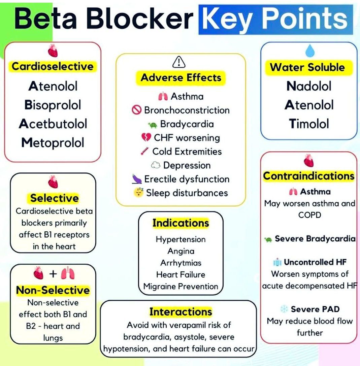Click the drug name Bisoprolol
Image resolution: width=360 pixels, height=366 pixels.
pyautogui.click(x=53, y=105)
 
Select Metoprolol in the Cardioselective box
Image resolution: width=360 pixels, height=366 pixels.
pyautogui.click(x=53, y=143)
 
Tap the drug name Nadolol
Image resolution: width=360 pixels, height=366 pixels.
pyautogui.click(x=309, y=86)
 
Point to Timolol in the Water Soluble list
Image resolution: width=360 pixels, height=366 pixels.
pyautogui.click(x=309, y=124)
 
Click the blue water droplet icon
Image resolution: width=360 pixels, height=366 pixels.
pyautogui.click(x=309, y=51)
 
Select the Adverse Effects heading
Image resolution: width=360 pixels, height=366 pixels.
pyautogui.click(x=181, y=78)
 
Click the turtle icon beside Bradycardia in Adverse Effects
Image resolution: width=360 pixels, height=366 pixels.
pyautogui.click(x=153, y=125)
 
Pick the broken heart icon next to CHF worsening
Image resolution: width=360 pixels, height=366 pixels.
pyautogui.click(x=146, y=138)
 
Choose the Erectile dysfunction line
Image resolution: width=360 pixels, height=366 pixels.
pyautogui.click(x=187, y=179)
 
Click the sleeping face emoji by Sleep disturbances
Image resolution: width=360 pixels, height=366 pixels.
pyautogui.click(x=138, y=193)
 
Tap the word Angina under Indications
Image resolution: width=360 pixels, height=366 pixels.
pyautogui.click(x=181, y=251)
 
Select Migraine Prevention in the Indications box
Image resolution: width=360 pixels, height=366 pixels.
pyautogui.click(x=181, y=287)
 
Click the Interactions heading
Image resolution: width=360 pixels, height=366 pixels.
pyautogui.click(x=181, y=311)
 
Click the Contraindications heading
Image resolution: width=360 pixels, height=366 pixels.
pyautogui.click(x=308, y=176)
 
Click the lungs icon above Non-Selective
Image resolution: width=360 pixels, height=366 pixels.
pyautogui.click(x=67, y=274)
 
